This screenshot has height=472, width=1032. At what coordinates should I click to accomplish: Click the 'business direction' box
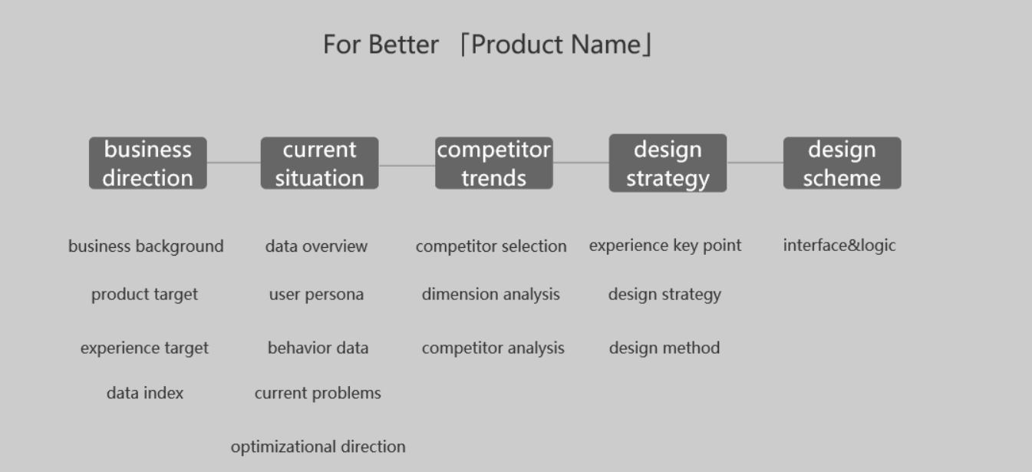click(x=147, y=163)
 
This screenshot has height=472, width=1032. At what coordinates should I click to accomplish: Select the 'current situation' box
click(x=319, y=163)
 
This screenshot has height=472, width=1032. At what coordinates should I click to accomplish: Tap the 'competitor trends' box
click(x=493, y=163)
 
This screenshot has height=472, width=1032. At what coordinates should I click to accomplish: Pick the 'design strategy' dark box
click(x=668, y=163)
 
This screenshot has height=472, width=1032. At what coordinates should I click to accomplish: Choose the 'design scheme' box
click(x=842, y=163)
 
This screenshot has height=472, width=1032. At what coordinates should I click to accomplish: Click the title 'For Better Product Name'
click(x=488, y=45)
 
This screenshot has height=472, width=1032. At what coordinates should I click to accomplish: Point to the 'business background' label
click(x=146, y=246)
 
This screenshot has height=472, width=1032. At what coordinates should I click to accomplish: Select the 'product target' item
click(x=144, y=295)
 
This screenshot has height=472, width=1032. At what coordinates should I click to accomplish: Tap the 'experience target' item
click(x=144, y=348)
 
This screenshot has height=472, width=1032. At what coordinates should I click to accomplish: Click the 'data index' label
click(x=145, y=393)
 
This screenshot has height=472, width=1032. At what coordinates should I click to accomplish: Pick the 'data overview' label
click(x=316, y=246)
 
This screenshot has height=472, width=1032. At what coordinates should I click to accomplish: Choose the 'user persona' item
click(x=316, y=295)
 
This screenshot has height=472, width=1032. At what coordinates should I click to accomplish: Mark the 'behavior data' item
click(x=318, y=348)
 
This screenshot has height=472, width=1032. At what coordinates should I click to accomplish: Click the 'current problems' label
click(x=318, y=393)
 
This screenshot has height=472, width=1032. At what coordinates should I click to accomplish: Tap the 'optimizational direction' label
click(x=318, y=447)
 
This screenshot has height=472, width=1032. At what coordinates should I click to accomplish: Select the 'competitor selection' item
click(x=491, y=246)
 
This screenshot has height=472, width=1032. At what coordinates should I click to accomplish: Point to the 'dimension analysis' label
click(x=491, y=295)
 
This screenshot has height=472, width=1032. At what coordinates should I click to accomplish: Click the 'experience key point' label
click(x=665, y=246)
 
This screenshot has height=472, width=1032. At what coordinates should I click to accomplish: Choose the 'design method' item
click(x=664, y=348)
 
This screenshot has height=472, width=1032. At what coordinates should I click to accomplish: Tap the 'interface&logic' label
click(x=839, y=246)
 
